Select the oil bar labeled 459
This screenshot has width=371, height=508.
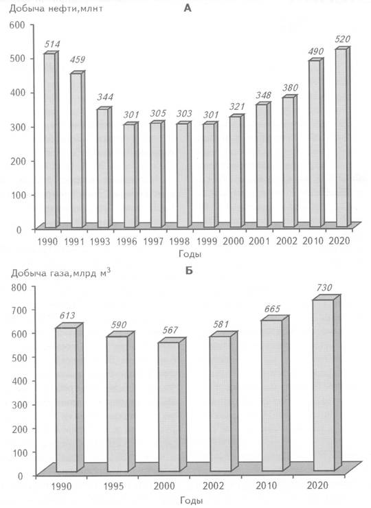(78, 150)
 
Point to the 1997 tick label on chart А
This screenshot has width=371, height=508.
(153, 242)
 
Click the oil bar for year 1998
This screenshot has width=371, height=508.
(184, 174)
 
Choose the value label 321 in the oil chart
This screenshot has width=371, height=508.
(237, 106)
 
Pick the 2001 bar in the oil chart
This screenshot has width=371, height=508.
(263, 165)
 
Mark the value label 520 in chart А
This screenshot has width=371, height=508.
(343, 40)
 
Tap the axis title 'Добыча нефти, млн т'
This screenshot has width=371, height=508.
(56, 9)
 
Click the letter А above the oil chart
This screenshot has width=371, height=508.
(188, 8)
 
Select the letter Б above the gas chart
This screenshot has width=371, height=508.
(189, 270)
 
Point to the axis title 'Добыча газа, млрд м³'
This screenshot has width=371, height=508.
(60, 273)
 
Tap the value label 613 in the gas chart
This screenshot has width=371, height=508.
(67, 315)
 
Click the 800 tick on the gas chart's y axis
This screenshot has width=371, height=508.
(21, 287)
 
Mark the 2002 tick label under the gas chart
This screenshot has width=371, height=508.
(214, 485)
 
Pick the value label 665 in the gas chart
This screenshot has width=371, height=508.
(272, 309)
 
